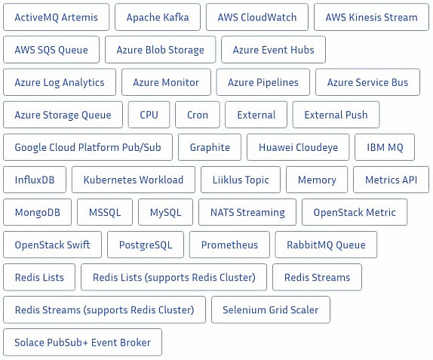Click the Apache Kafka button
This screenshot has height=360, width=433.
point(158,17)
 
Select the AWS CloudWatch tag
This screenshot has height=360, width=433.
point(257,17)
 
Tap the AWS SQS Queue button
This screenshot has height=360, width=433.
point(51,50)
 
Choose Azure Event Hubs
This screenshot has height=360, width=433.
point(273,50)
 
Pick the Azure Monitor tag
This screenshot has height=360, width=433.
point(166,82)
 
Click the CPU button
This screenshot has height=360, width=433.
point(149,115)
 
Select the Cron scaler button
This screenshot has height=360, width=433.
point(198,115)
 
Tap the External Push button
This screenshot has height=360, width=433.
point(336,115)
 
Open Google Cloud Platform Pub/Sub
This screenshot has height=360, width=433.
point(88,147)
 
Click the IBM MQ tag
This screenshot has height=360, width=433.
point(385,147)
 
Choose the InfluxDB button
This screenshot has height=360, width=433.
point(35,180)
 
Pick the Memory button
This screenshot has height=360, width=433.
point(317,180)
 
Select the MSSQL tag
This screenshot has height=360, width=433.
point(105,212)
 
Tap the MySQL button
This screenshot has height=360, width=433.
point(166,212)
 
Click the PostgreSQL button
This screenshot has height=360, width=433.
point(146,245)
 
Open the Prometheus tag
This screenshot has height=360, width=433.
point(229,245)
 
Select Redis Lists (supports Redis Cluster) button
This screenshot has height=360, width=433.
point(174,277)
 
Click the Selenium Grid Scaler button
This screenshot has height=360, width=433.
point(271,309)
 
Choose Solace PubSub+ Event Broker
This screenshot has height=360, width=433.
point(82,343)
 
